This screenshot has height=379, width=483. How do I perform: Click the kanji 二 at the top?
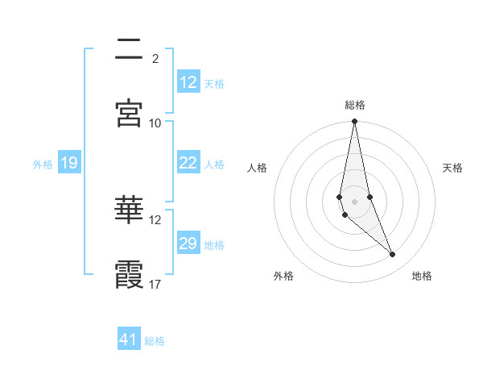click(129, 49)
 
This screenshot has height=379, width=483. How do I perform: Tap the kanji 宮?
click(129, 112)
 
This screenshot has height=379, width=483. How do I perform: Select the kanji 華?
click(129, 210)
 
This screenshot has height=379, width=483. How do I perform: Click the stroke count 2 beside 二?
click(155, 58)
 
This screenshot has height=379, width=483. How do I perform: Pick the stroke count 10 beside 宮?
click(155, 123)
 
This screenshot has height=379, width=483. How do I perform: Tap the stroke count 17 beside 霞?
click(155, 284)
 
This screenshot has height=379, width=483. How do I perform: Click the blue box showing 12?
click(188, 82)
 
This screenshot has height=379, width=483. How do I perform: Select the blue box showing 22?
click(188, 163)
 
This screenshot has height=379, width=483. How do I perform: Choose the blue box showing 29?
click(188, 244)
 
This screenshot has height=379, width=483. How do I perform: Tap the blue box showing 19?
click(68, 164)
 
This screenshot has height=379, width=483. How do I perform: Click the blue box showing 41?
click(129, 339)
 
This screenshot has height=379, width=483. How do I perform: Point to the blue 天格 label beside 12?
click(214, 83)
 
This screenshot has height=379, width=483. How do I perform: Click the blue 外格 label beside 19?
click(43, 165)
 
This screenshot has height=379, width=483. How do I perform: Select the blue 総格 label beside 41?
click(155, 341)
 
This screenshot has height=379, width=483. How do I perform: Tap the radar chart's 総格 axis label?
click(355, 105)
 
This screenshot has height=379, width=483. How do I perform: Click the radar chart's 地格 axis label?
click(422, 276)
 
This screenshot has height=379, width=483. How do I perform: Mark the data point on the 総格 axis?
click(354, 122)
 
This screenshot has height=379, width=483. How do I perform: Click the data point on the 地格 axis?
click(393, 255)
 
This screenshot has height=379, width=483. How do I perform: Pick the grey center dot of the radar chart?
click(354, 201)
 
